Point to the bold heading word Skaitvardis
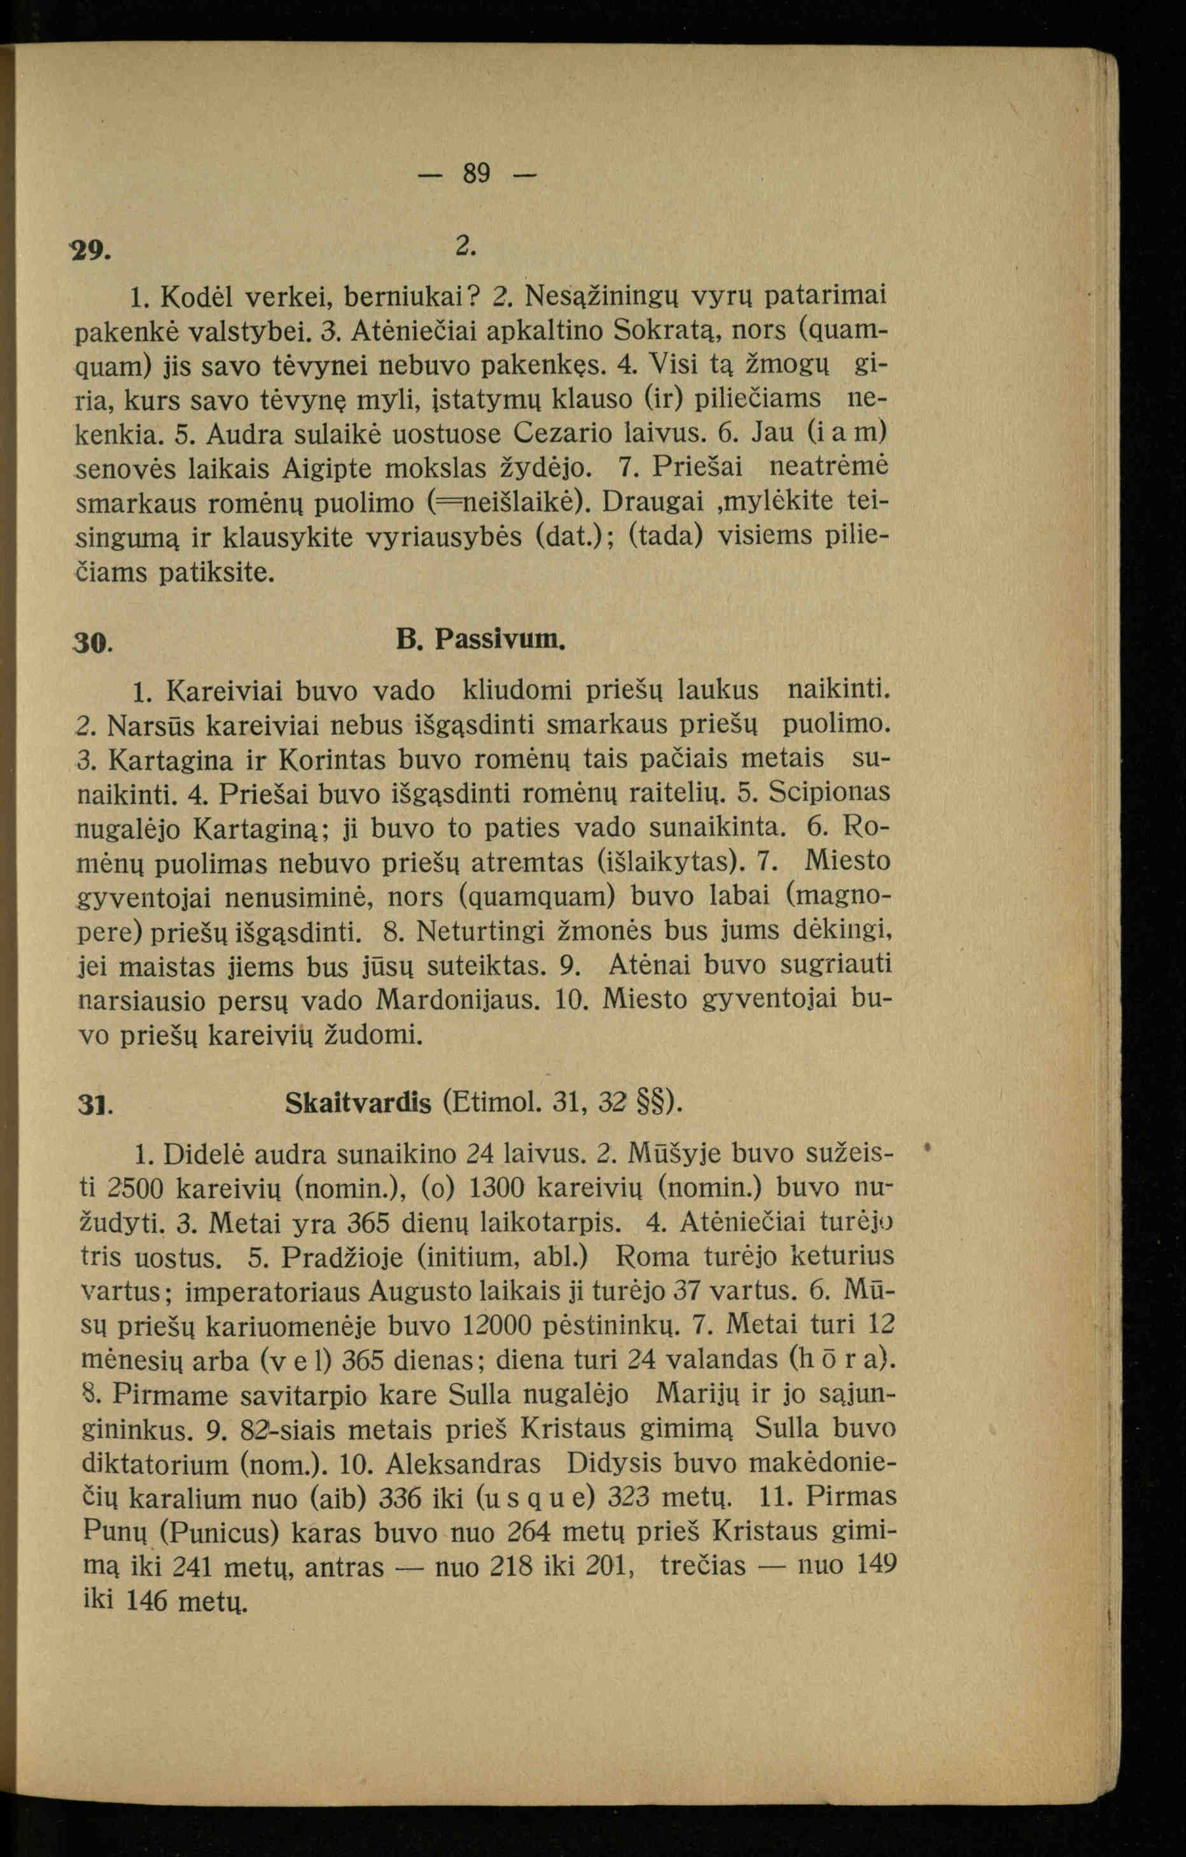358,1104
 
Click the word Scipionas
830,792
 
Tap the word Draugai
653,502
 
